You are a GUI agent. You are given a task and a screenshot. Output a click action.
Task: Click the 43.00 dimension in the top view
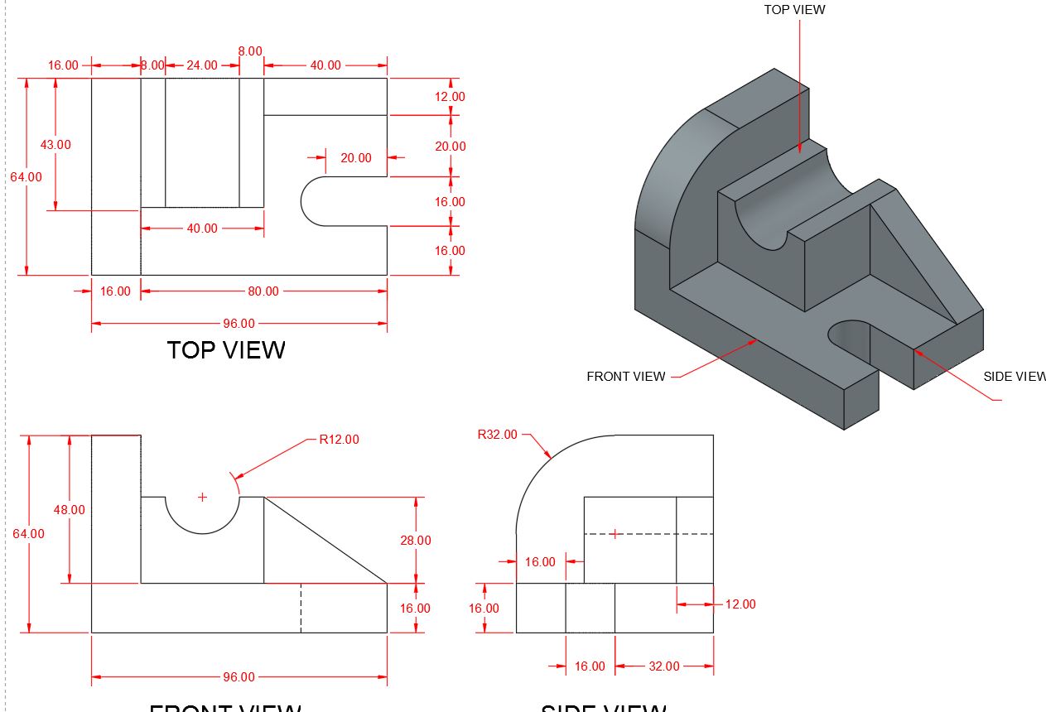click(55, 145)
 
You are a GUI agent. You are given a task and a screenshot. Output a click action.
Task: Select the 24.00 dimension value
click(201, 65)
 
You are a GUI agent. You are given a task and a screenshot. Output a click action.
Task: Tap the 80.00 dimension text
click(263, 291)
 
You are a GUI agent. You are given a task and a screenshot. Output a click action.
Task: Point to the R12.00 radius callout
click(339, 440)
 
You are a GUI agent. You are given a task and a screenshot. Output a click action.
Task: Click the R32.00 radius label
click(497, 435)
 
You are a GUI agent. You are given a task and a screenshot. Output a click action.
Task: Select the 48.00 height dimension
click(70, 510)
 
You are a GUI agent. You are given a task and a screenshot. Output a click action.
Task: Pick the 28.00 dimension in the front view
click(415, 541)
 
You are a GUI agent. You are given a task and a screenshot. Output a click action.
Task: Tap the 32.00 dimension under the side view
click(663, 666)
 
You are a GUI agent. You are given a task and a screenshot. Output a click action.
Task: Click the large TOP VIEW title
click(226, 350)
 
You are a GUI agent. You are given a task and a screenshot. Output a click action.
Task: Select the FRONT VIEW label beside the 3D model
click(625, 377)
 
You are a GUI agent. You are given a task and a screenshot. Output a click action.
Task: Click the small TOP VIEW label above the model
click(794, 10)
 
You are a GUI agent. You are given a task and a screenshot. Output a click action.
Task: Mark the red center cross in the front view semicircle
click(202, 497)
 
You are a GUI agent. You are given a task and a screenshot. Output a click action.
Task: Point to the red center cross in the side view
click(615, 534)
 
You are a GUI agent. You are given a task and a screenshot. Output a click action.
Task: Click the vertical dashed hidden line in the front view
click(301, 608)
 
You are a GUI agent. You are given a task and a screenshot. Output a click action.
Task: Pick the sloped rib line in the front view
click(325, 540)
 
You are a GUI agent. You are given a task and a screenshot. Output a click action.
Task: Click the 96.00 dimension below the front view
click(239, 677)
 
